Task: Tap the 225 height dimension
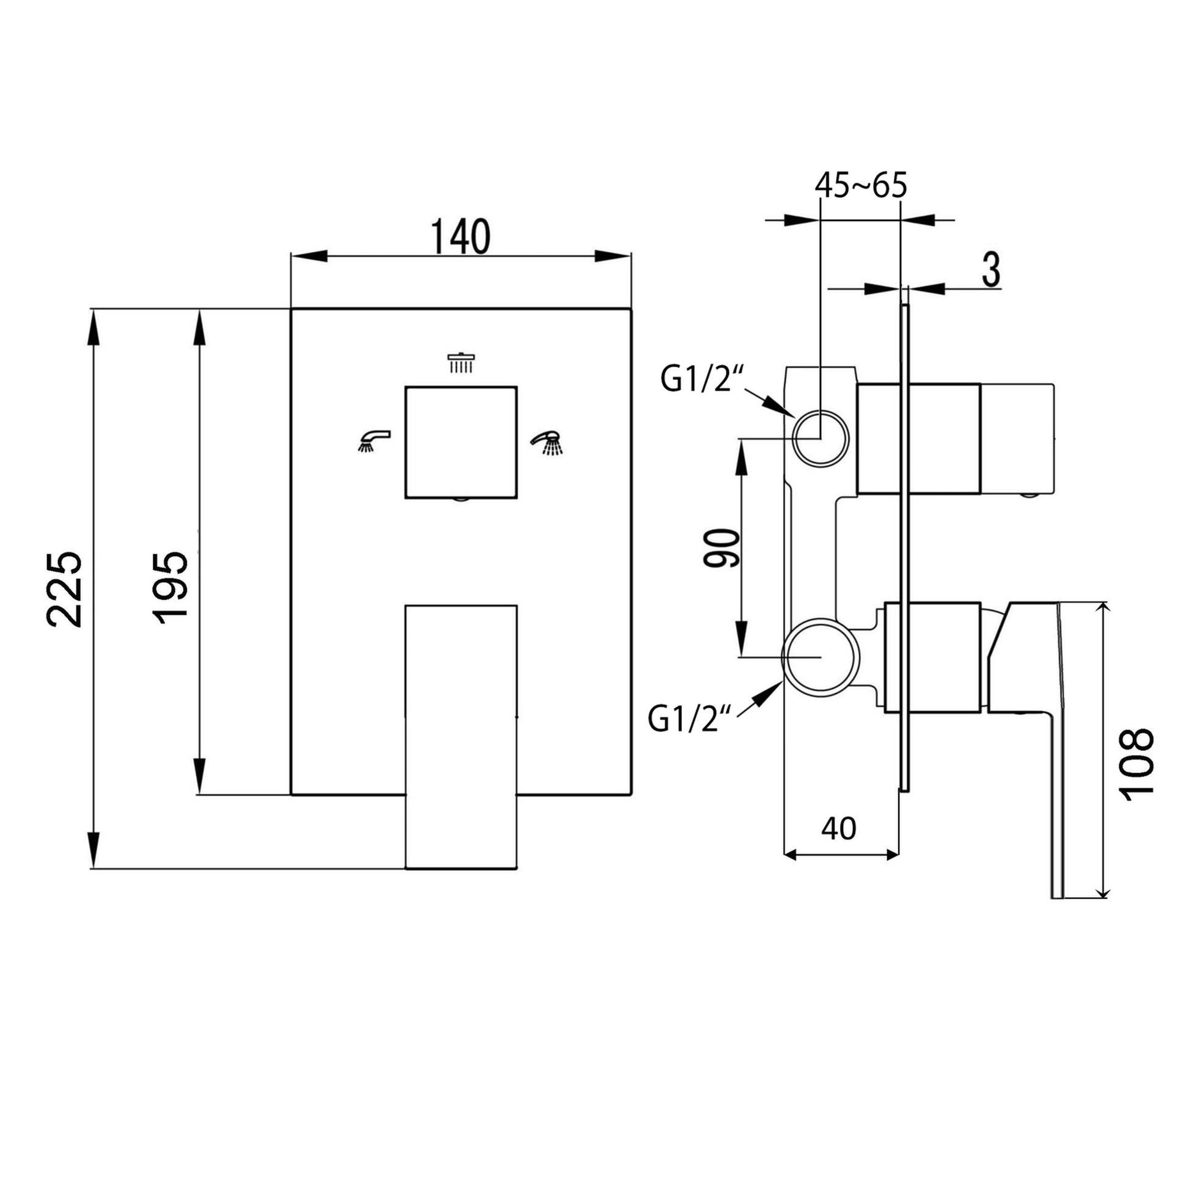[64, 589]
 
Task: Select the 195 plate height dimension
[170, 588]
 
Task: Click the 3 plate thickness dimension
[990, 269]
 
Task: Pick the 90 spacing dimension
[721, 548]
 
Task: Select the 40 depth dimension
[839, 829]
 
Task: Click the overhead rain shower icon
[461, 362]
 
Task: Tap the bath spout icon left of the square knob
[373, 441]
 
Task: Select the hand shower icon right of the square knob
[547, 442]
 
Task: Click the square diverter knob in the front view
[460, 442]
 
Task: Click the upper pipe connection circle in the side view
[821, 438]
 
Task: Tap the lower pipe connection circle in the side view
[820, 657]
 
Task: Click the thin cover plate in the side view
[904, 547]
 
